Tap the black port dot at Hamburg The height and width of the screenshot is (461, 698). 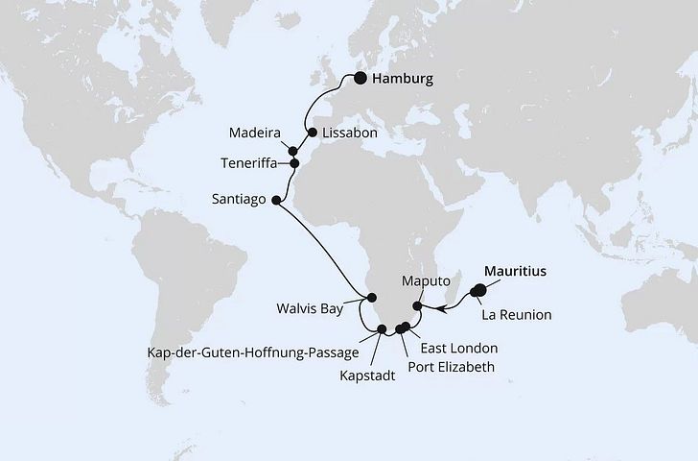click(361, 80)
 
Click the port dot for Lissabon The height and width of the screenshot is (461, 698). click(312, 134)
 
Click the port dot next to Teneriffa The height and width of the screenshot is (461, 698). click(295, 163)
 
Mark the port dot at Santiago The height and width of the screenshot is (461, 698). click(277, 201)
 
